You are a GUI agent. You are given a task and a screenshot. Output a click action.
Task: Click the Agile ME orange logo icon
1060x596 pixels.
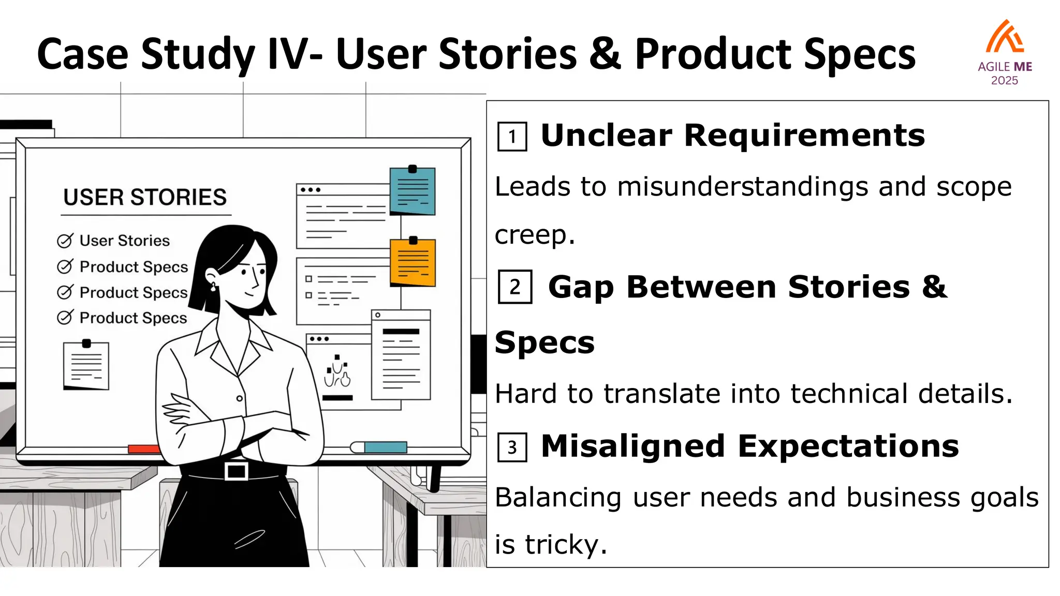[x=1005, y=37]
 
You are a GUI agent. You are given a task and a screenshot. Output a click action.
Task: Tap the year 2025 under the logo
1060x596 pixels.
[x=1004, y=81]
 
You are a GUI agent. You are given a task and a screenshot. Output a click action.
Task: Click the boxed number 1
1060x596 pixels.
[x=512, y=137]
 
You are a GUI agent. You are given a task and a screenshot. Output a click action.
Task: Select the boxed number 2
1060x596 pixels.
[x=514, y=287]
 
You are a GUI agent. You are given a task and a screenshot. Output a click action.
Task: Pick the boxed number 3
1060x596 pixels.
[x=512, y=447]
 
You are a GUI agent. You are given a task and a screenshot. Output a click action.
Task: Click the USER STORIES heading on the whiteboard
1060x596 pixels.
[x=145, y=197]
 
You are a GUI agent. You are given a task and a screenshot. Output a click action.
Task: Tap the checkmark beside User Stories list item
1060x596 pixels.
[x=65, y=241]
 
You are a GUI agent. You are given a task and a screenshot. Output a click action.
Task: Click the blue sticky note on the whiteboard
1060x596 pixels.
[x=413, y=191]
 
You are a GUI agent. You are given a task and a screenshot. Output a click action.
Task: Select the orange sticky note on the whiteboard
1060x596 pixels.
[x=413, y=263]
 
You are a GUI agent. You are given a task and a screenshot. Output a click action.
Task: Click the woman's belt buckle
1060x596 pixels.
[x=237, y=471]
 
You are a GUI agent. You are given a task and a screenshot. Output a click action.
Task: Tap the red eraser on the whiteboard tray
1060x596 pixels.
[x=143, y=449]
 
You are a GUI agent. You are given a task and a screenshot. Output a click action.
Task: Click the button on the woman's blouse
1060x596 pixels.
[x=239, y=398]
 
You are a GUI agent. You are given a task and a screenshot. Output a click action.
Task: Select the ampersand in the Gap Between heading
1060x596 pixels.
[x=934, y=287]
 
